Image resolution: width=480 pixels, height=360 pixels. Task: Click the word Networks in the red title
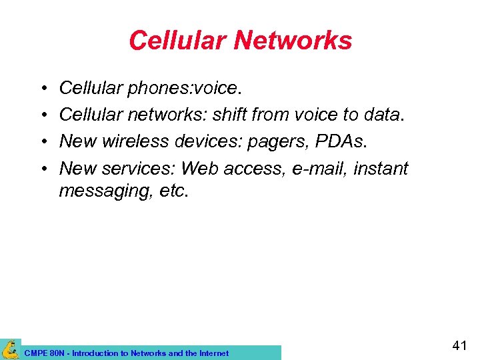point(293,41)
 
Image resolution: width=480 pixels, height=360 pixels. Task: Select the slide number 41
point(459,345)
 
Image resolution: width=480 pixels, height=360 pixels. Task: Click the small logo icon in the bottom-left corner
point(11,349)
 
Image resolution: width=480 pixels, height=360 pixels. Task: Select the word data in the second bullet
point(382,115)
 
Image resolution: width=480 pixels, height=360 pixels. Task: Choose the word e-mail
point(318,169)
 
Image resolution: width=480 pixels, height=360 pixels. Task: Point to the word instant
point(381,169)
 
